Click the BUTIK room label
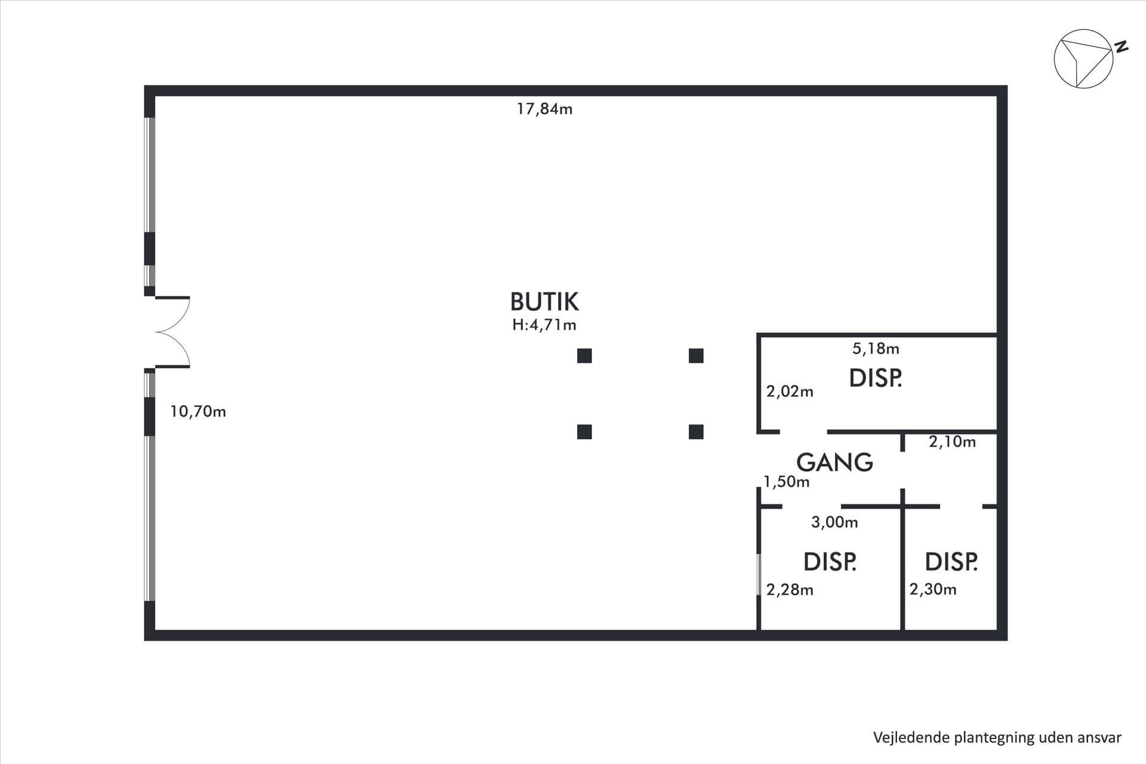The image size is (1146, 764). (x=544, y=302)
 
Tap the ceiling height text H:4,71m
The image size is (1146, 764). (x=544, y=325)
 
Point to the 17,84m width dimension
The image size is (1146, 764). (x=544, y=109)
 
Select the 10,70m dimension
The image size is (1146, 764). (x=198, y=411)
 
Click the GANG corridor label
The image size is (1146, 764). (x=834, y=462)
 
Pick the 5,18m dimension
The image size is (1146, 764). (x=876, y=348)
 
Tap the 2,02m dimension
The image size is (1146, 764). (x=790, y=392)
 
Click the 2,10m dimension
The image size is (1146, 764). (x=952, y=442)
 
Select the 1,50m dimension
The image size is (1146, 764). (x=787, y=482)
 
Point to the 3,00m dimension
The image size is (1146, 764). (x=834, y=522)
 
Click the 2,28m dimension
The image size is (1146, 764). (x=790, y=590)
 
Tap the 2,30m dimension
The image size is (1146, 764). (x=933, y=590)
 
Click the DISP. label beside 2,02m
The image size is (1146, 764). (x=875, y=378)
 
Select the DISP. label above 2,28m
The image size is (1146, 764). (x=830, y=562)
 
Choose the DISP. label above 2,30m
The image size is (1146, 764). (x=951, y=562)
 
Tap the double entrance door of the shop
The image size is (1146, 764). (x=172, y=332)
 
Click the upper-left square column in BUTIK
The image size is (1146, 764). (x=584, y=356)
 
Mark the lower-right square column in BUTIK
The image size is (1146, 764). (x=696, y=432)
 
